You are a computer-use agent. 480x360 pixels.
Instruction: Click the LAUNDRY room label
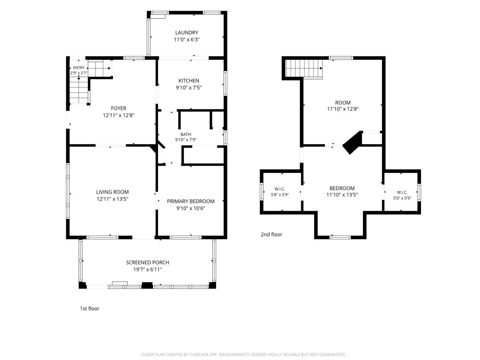tap(186, 32)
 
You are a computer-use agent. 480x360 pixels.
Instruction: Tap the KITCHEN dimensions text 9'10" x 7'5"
tap(189, 88)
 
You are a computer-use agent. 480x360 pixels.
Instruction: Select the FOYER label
tap(119, 108)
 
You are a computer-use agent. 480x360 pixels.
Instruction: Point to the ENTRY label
tap(79, 68)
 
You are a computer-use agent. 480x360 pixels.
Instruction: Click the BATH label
tap(186, 134)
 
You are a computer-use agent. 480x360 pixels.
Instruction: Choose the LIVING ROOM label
tap(112, 192)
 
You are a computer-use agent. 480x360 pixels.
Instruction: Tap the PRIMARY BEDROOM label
tap(191, 201)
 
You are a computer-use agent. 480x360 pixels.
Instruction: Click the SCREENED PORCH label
tap(148, 263)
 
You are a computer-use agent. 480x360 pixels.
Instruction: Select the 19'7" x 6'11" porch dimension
tap(148, 270)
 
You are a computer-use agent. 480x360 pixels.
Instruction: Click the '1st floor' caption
tap(89, 309)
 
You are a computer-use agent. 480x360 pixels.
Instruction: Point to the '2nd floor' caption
tap(271, 234)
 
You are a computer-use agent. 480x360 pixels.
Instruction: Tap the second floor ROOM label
tap(343, 102)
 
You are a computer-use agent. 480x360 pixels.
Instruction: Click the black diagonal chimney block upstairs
tap(353, 143)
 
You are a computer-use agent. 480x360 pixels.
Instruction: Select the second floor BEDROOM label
tap(342, 188)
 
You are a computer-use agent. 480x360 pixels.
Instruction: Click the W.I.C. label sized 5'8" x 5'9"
tap(280, 189)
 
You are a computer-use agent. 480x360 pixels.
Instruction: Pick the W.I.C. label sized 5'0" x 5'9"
tap(402, 192)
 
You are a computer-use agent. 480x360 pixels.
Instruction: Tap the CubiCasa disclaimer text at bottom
tap(244, 355)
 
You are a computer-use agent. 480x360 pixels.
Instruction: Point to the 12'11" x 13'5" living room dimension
tap(112, 199)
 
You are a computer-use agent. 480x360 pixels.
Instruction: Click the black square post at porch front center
tap(147, 285)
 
